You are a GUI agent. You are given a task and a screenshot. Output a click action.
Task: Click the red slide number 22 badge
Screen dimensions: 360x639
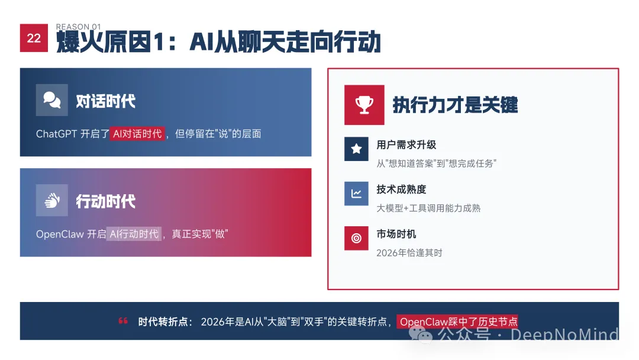coord(34,38)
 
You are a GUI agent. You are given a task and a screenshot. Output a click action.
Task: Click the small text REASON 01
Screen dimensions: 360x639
coord(79,27)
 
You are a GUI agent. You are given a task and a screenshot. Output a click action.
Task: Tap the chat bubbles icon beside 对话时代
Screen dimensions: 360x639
coord(52,100)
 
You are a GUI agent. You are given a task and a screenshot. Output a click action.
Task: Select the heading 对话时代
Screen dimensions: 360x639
coord(105,101)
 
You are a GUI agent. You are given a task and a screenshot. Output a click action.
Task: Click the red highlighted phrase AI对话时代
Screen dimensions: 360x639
coord(137,134)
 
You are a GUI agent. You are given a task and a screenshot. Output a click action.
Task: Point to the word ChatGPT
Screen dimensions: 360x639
coord(57,134)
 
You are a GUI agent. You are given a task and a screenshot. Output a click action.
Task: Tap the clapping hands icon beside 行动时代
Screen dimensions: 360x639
coord(52,201)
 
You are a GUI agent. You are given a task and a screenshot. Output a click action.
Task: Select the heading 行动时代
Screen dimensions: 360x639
coord(105,202)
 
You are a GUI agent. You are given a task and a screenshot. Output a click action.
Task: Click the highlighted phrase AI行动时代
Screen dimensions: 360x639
coord(134,234)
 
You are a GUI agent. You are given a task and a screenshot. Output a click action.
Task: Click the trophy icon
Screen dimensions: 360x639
coord(364,105)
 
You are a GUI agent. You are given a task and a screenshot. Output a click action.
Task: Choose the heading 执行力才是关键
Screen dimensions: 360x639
coord(455,105)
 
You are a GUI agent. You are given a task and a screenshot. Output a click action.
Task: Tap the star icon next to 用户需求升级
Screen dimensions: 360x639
coord(356,149)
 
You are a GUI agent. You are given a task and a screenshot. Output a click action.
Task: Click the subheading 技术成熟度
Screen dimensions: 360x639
coord(401,189)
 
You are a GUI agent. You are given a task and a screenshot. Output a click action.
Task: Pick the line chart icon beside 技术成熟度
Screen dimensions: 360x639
coord(356,194)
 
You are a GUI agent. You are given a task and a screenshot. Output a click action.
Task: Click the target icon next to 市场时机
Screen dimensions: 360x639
coord(356,238)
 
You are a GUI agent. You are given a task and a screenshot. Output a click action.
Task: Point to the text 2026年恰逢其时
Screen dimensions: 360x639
coord(409,253)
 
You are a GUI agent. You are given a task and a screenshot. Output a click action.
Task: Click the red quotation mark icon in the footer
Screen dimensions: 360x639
coord(124,322)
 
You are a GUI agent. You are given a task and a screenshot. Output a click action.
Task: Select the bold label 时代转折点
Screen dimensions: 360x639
coord(164,322)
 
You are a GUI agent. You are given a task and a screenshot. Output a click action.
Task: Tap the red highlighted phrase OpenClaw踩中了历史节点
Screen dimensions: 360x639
coord(457,322)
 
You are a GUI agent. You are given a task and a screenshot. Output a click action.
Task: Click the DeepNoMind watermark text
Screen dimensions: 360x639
coord(564,335)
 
